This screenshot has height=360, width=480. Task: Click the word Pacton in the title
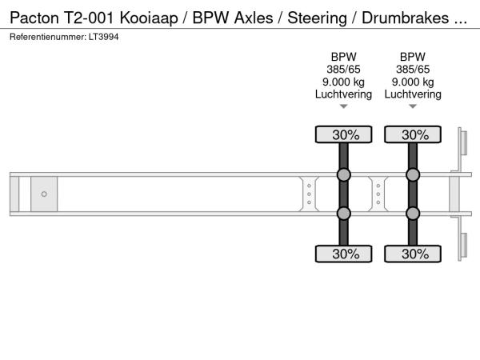point(34,18)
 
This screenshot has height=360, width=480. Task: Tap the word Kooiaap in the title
point(149,18)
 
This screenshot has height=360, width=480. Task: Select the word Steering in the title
point(317,18)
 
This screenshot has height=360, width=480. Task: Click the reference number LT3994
point(103,37)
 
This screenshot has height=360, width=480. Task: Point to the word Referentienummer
point(48,37)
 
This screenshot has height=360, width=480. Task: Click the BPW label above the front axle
point(343,57)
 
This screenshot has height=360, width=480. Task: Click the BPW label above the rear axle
point(413,57)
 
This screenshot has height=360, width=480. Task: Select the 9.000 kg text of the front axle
point(343,82)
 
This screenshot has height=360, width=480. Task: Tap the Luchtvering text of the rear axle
point(413,94)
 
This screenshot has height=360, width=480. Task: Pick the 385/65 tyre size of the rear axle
point(413,70)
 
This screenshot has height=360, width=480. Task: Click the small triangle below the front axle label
point(343,106)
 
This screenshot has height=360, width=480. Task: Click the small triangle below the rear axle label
point(413,106)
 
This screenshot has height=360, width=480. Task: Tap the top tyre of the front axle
point(343,134)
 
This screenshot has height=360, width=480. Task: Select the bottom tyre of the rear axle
point(413,254)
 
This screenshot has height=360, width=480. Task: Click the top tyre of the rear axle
point(413,134)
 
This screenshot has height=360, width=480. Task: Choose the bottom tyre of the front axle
point(343,254)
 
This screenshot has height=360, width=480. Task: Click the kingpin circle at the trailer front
point(44,194)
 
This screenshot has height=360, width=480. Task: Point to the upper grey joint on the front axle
point(343,174)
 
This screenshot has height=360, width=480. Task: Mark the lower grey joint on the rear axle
point(413,214)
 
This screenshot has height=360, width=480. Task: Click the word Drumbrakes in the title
point(406,18)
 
